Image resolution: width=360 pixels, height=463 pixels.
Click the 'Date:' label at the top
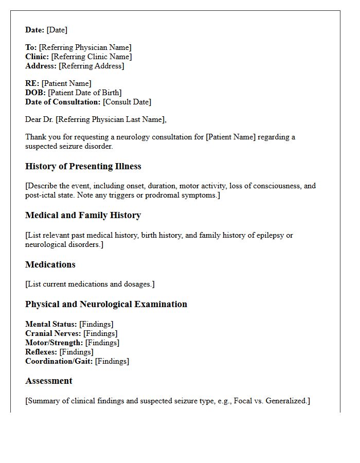point(35,30)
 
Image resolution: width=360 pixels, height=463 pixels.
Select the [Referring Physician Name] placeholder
point(85,47)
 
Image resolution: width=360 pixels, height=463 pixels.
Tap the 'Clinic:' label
point(37,57)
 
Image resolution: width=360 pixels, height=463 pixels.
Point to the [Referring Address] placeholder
point(91,66)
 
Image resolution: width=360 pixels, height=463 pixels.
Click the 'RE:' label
point(32,83)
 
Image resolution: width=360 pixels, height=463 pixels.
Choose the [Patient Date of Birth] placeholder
point(85,93)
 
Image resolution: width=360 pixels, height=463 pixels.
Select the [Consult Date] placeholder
point(127,102)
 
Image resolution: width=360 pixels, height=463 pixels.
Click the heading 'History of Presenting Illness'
point(83,166)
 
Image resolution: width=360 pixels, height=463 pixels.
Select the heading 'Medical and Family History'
point(83,215)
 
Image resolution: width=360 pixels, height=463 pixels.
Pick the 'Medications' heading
point(50,264)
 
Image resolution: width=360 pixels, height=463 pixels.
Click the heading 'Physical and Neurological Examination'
point(106,304)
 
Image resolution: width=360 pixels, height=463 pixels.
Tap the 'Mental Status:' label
point(51,324)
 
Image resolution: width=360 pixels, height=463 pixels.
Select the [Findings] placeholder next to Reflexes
point(76,352)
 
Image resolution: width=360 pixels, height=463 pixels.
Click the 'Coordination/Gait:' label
point(59,361)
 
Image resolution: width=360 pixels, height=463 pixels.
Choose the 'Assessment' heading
point(49,381)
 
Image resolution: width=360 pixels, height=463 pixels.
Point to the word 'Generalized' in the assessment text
point(286,401)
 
